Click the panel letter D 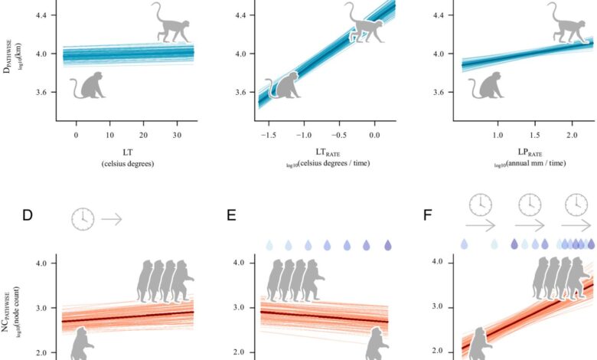pos(28,215)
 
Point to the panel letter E pos(232,215)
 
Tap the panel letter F pos(428,215)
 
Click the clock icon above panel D pos(83,219)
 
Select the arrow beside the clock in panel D pos(112,219)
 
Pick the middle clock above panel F pos(529,204)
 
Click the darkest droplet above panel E pos(387,246)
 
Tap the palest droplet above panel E pos(269,246)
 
